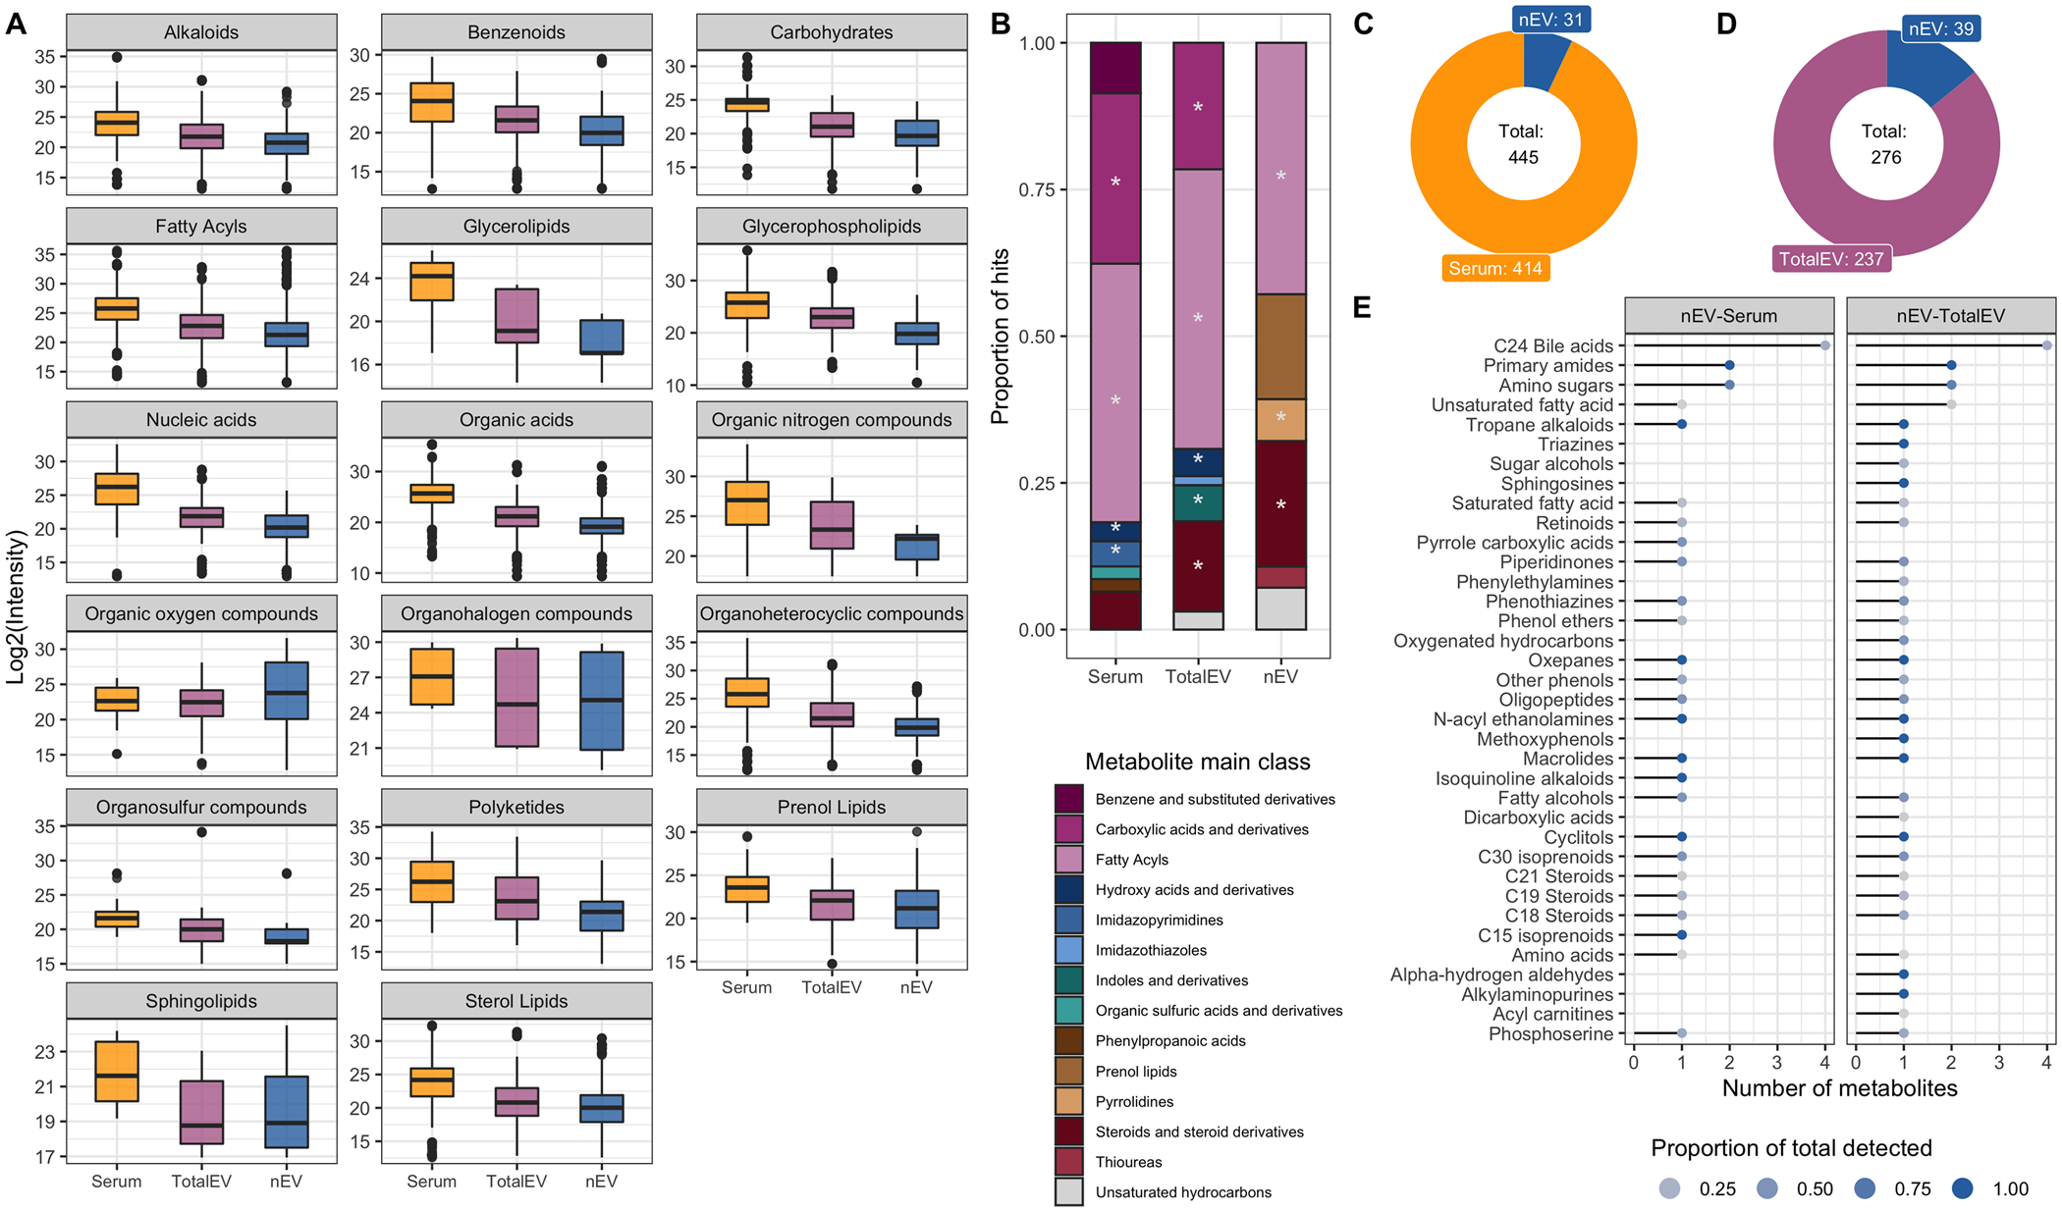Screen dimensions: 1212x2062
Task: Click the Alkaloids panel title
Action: (201, 32)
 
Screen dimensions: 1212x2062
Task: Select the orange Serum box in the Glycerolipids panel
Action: (432, 282)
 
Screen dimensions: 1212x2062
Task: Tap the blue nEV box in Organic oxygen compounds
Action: (287, 691)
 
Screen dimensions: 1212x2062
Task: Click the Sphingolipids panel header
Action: (201, 1001)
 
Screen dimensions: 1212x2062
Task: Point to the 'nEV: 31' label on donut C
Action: (1550, 19)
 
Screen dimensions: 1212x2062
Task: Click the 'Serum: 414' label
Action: (1494, 268)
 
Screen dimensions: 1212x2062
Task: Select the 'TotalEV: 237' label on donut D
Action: (1831, 259)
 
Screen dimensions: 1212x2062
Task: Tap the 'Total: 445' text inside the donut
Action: (1523, 144)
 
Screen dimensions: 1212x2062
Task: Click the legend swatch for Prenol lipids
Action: (1069, 1071)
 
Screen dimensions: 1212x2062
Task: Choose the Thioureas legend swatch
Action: (1069, 1162)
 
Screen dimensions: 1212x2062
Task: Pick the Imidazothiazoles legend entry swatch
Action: (1069, 950)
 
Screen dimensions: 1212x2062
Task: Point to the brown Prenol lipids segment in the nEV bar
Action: (1280, 346)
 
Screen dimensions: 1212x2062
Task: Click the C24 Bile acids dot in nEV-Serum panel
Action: (1825, 345)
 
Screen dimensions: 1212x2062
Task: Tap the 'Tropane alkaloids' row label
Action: (1539, 425)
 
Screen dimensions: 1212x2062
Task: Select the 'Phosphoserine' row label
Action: (1550, 1033)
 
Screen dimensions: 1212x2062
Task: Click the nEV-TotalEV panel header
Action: (1950, 316)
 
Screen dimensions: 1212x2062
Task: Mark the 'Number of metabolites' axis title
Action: (1839, 1088)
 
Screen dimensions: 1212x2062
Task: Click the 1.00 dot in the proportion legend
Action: (1962, 1188)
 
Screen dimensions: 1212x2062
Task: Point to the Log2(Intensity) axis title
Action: (17, 606)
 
